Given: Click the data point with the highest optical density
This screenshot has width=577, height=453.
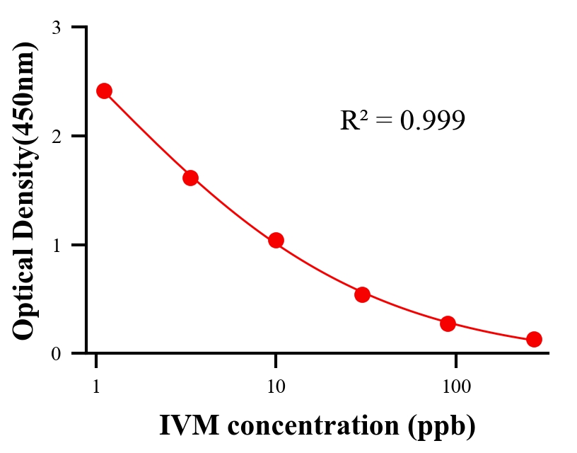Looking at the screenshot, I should point(104,91).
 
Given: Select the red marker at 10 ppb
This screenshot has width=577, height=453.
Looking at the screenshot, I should point(276,240).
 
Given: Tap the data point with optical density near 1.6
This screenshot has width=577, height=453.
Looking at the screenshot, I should point(190,178).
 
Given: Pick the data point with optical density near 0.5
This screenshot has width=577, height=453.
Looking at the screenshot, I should point(362,294).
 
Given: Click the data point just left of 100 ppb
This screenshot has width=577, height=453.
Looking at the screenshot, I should point(448,323).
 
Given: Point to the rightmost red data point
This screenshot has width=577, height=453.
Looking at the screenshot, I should point(534,339).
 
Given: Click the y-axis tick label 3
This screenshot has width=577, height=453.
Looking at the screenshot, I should point(56,28).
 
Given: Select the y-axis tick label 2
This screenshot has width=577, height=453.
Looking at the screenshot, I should point(56,136).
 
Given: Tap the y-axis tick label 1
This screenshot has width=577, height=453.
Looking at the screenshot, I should point(56,245).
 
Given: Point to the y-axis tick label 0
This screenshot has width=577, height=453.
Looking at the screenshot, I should point(56,353).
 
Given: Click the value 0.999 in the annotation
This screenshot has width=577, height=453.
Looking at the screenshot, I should point(432,120).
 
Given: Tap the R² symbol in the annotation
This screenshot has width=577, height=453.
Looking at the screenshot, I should point(354,120).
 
